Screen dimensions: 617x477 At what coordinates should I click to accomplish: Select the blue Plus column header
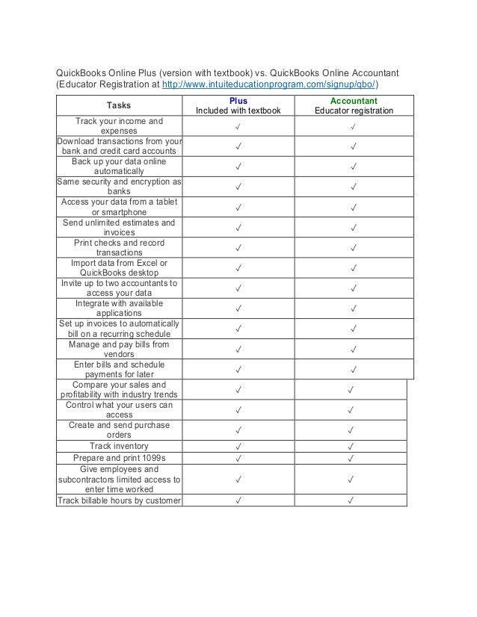(238, 100)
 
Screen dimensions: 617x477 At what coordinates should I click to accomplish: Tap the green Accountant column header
(354, 100)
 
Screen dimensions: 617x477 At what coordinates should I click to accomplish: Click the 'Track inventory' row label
(119, 446)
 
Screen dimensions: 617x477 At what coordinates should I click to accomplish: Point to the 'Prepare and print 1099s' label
(119, 458)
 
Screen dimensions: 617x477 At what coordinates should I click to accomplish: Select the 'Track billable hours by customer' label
(120, 500)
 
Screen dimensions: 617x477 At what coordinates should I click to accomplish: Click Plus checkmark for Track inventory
(238, 447)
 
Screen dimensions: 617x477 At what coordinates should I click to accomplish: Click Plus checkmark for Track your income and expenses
(238, 126)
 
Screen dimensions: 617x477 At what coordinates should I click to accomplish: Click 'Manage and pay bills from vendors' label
(119, 350)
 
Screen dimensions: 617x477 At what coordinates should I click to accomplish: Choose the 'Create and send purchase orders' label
(119, 430)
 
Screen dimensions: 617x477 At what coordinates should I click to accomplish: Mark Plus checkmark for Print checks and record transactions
(238, 247)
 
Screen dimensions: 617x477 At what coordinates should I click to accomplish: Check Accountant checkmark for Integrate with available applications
(354, 308)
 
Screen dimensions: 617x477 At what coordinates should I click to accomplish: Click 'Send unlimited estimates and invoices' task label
(119, 227)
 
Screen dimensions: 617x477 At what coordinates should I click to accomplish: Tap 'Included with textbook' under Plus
(238, 111)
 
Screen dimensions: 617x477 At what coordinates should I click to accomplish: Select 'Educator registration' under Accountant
(354, 111)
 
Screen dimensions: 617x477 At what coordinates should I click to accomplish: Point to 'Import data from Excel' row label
(119, 267)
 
